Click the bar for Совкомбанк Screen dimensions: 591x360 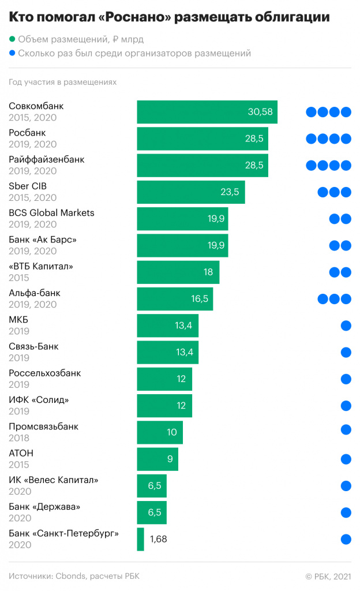click(x=207, y=112)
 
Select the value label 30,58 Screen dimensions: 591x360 click(x=260, y=112)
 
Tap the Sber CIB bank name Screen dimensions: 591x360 click(x=28, y=186)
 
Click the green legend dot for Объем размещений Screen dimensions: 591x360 click(x=13, y=40)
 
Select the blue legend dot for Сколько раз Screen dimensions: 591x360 click(x=13, y=54)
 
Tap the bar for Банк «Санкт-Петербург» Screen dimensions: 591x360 click(x=140, y=539)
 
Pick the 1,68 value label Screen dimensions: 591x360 click(x=158, y=539)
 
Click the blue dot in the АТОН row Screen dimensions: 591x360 click(x=346, y=459)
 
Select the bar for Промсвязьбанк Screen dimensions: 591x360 click(x=159, y=432)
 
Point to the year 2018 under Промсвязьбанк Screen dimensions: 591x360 click(x=19, y=439)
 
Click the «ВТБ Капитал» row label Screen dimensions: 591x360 click(x=41, y=267)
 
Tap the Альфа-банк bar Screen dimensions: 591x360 click(x=174, y=299)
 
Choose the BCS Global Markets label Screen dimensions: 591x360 click(x=51, y=213)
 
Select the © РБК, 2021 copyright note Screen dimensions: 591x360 click(x=327, y=576)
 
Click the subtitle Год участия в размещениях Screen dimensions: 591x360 click(x=62, y=82)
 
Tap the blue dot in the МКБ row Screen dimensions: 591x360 click(x=346, y=326)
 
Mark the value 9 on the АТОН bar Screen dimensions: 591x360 click(x=170, y=459)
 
